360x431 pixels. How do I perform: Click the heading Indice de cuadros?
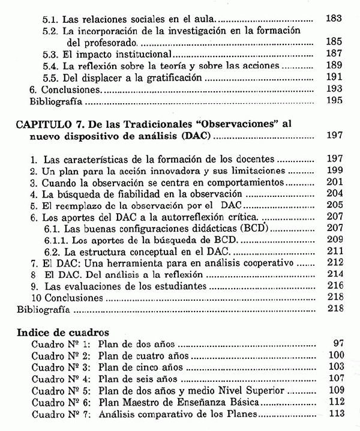(x=63, y=331)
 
